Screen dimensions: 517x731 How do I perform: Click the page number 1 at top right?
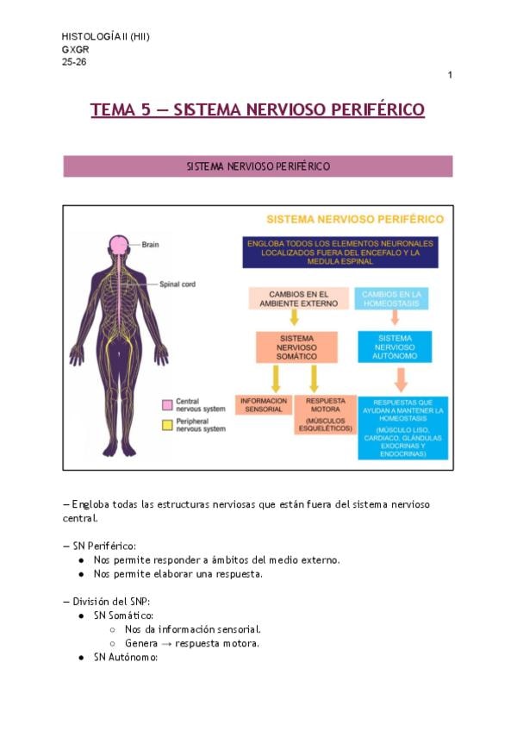(450, 76)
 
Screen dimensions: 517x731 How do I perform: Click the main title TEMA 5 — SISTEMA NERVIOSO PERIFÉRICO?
(258, 109)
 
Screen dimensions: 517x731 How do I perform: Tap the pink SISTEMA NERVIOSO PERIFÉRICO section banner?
(258, 166)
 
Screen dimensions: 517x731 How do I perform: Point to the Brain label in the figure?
(151, 244)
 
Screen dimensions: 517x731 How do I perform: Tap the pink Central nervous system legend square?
(167, 404)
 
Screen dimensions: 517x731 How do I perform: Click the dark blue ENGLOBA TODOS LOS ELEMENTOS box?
(339, 253)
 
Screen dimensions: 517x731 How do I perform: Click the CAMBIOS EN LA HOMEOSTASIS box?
(392, 298)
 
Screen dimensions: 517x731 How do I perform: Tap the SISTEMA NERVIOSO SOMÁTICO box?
(297, 347)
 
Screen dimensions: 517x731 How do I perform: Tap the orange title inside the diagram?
(354, 220)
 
